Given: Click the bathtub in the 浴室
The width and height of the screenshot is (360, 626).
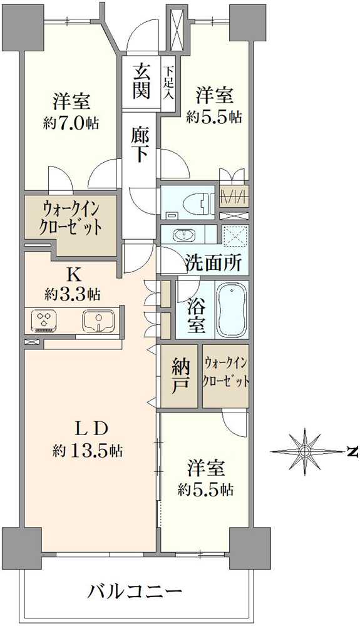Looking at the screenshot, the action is [233, 309].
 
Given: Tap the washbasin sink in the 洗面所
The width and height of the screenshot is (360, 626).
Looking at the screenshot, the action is [185, 234].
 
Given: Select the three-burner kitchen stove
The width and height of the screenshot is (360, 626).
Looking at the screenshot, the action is [43, 321].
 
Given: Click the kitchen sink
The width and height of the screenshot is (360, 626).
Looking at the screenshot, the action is [98, 321].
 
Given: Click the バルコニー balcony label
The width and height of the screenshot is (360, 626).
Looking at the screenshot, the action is [135, 590].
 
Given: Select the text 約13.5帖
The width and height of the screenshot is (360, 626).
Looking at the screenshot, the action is [88, 451].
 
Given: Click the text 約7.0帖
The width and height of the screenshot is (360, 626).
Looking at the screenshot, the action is [71, 123].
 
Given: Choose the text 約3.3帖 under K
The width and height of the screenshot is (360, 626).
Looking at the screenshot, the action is [73, 295].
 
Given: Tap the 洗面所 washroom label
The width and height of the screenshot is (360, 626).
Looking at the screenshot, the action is [213, 263].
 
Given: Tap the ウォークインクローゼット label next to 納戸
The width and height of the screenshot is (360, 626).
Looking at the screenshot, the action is [226, 372].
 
